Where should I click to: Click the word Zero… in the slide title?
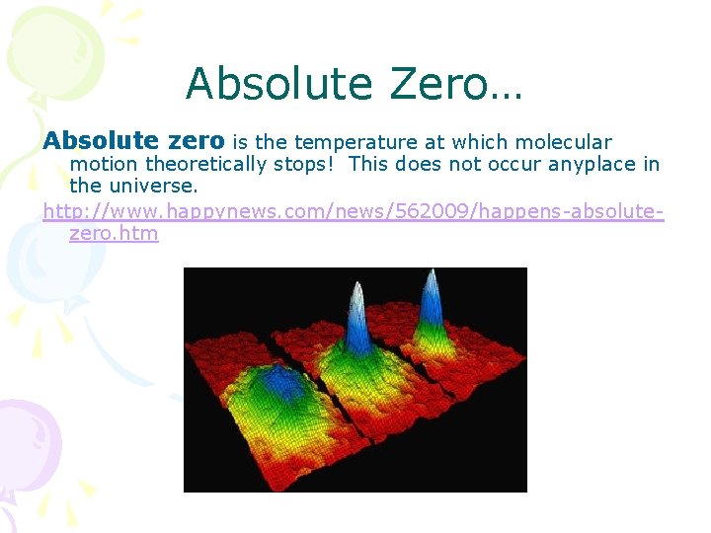pyautogui.click(x=456, y=84)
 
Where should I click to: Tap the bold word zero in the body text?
pyautogui.click(x=196, y=142)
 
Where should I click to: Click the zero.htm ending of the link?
pyautogui.click(x=114, y=234)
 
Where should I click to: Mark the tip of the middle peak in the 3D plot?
pyautogui.click(x=356, y=289)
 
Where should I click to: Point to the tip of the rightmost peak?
pyautogui.click(x=430, y=273)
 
